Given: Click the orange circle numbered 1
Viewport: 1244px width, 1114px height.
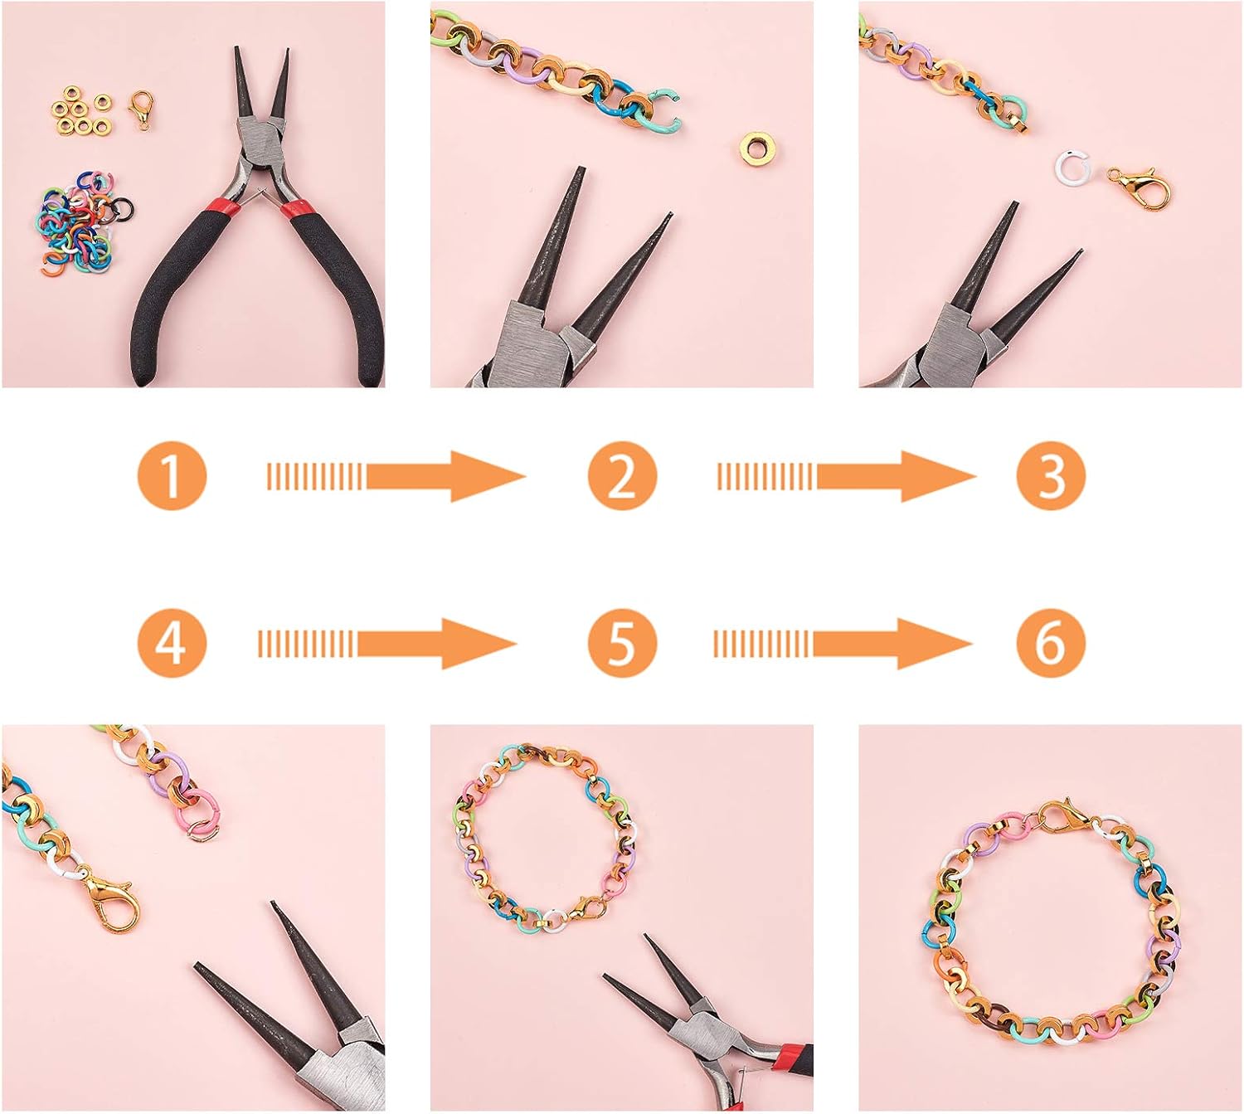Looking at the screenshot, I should [x=171, y=476].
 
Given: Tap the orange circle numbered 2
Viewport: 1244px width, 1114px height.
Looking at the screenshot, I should [x=622, y=476].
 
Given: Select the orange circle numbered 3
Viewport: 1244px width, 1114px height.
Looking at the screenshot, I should [x=1051, y=476].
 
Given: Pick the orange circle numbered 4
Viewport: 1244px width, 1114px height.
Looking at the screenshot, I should [x=171, y=643].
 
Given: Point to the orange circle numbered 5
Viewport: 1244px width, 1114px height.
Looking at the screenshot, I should [x=622, y=643].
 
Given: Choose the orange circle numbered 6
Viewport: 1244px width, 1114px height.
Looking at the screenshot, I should [x=1051, y=643].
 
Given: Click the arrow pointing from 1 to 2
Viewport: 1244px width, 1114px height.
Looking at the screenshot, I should [x=396, y=476].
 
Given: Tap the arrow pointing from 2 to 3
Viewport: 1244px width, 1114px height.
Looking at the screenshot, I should [x=847, y=476].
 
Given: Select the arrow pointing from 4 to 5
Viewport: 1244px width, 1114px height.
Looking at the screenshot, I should [x=387, y=643].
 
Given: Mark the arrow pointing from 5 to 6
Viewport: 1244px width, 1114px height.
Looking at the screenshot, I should [x=842, y=643].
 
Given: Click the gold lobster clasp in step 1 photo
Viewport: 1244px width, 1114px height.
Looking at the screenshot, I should [x=141, y=109].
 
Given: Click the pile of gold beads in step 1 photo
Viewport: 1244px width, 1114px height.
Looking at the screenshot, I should [x=80, y=112].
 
